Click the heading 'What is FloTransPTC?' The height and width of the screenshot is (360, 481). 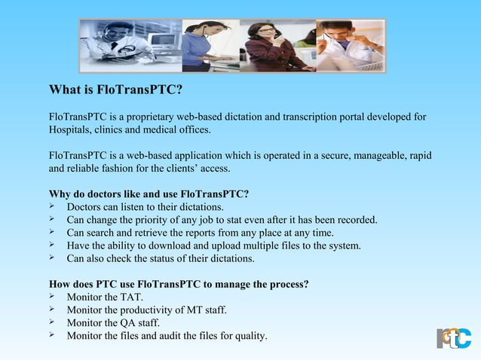tap(115, 91)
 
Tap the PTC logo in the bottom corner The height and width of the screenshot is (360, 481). tap(454, 337)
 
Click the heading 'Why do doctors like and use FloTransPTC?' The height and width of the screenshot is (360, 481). tap(149, 194)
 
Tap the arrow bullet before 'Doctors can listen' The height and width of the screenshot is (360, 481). tap(53, 206)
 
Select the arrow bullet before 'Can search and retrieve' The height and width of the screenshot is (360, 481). tap(53, 232)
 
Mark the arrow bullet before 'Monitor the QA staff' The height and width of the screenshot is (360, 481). tap(53, 322)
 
